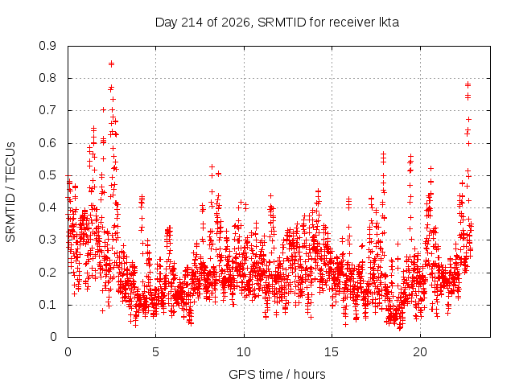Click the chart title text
(277, 23)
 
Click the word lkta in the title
(389, 22)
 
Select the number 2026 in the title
(235, 23)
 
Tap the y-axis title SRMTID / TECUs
(10, 192)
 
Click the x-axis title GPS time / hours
(277, 374)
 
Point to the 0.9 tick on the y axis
(47, 46)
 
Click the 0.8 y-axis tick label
(47, 78)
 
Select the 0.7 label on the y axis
(47, 110)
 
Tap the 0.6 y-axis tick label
(47, 143)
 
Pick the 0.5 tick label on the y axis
(47, 175)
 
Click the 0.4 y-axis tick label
(47, 207)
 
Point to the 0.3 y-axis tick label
(47, 240)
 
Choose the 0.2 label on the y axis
(47, 272)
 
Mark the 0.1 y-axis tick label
(47, 305)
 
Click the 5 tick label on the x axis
(155, 352)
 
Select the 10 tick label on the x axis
(244, 352)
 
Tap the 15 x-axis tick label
(332, 352)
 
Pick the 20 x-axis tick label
(420, 352)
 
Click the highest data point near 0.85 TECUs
(111, 63)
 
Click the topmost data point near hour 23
(468, 84)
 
